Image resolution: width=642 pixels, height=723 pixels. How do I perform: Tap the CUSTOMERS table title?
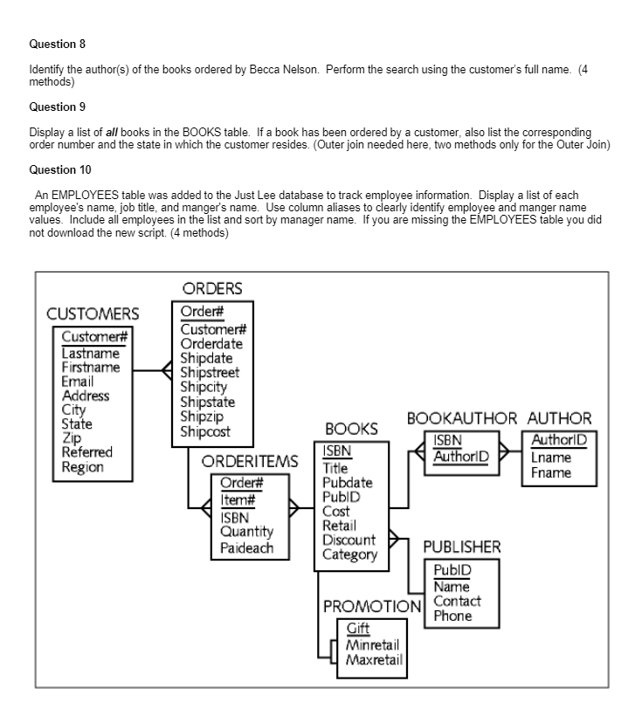coord(93,313)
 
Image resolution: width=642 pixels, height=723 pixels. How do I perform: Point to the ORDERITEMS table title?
coord(250,461)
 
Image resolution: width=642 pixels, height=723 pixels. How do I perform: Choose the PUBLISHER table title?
coord(462,547)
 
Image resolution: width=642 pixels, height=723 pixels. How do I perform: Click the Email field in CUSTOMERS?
coord(78,382)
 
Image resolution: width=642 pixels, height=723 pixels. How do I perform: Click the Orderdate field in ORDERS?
coord(211,344)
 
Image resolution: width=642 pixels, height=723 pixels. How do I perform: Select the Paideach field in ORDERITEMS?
coord(247,548)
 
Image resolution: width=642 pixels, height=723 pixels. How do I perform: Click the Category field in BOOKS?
coord(349,554)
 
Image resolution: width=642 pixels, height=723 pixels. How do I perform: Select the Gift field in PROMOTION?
coord(357,627)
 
